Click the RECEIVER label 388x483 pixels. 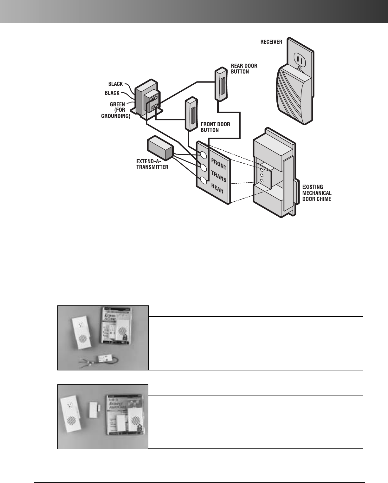271,42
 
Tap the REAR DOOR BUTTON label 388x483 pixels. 244,69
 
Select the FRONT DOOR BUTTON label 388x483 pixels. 215,127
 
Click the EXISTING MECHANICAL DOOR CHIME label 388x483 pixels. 316,193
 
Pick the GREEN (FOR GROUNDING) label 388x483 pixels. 116,110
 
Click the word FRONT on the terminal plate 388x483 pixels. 218,164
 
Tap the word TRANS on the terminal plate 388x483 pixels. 218,176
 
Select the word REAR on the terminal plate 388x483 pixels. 217,189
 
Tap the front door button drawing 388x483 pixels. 191,114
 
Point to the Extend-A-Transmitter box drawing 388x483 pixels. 160,148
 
